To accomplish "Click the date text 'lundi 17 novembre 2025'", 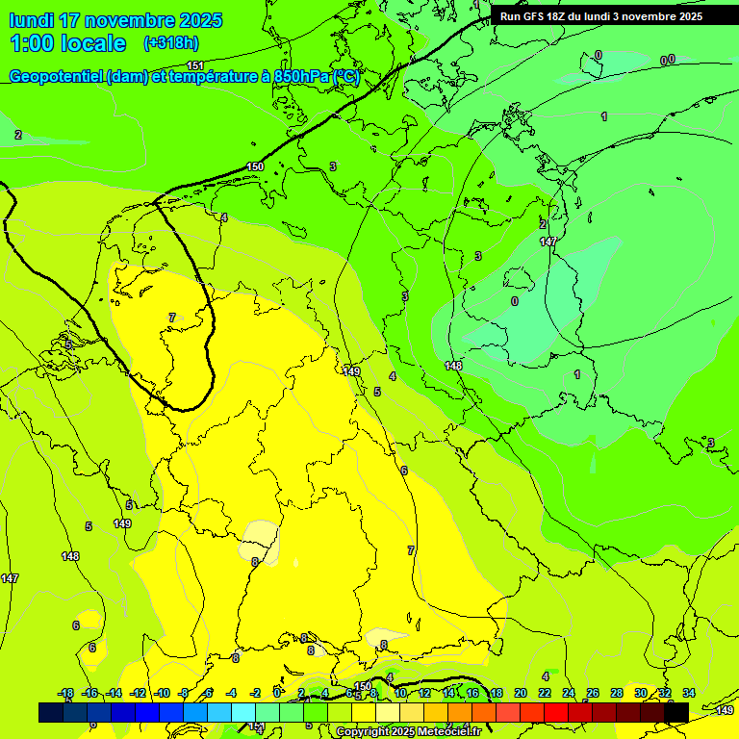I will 115,20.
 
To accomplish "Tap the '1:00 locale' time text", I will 68,43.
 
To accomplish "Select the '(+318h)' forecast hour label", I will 171,42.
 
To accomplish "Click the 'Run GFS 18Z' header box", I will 601,16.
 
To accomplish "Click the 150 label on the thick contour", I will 255,166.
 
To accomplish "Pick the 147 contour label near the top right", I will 548,242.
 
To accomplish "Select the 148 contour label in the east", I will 454,366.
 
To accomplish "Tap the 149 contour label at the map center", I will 351,371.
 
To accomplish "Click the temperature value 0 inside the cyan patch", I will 515,301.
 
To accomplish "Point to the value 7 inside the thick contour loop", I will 172,318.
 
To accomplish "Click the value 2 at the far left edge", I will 18,135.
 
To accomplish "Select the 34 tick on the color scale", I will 689,693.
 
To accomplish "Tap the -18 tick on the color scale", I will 66,693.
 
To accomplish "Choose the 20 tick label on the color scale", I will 521,693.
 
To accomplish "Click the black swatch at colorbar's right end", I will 676,712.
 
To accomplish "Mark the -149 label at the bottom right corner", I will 725,710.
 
